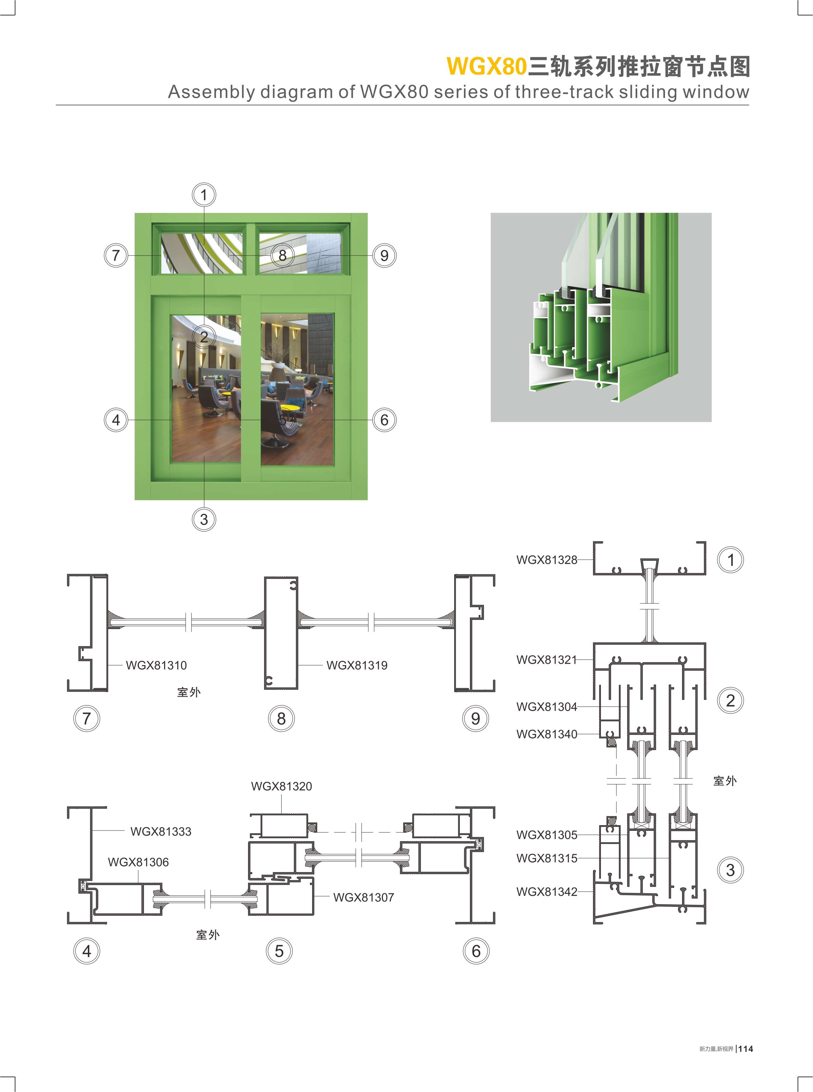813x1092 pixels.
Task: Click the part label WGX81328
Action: pyautogui.click(x=546, y=560)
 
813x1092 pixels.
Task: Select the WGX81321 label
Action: pyautogui.click(x=546, y=660)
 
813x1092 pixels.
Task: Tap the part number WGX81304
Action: pyautogui.click(x=546, y=707)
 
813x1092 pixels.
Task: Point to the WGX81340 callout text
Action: pyautogui.click(x=546, y=734)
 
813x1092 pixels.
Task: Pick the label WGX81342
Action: pyautogui.click(x=546, y=891)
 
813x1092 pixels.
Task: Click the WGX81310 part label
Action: pyautogui.click(x=157, y=666)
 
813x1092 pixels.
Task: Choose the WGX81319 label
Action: pyautogui.click(x=357, y=666)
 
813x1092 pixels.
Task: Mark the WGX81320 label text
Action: pyautogui.click(x=282, y=786)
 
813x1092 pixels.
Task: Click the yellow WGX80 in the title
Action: pyautogui.click(x=487, y=67)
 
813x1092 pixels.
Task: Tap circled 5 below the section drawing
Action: pyautogui.click(x=279, y=951)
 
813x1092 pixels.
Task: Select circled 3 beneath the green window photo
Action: pyautogui.click(x=204, y=520)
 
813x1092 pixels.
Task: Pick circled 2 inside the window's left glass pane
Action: pyautogui.click(x=204, y=337)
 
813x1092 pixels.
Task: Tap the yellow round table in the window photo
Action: pyautogui.click(x=290, y=407)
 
